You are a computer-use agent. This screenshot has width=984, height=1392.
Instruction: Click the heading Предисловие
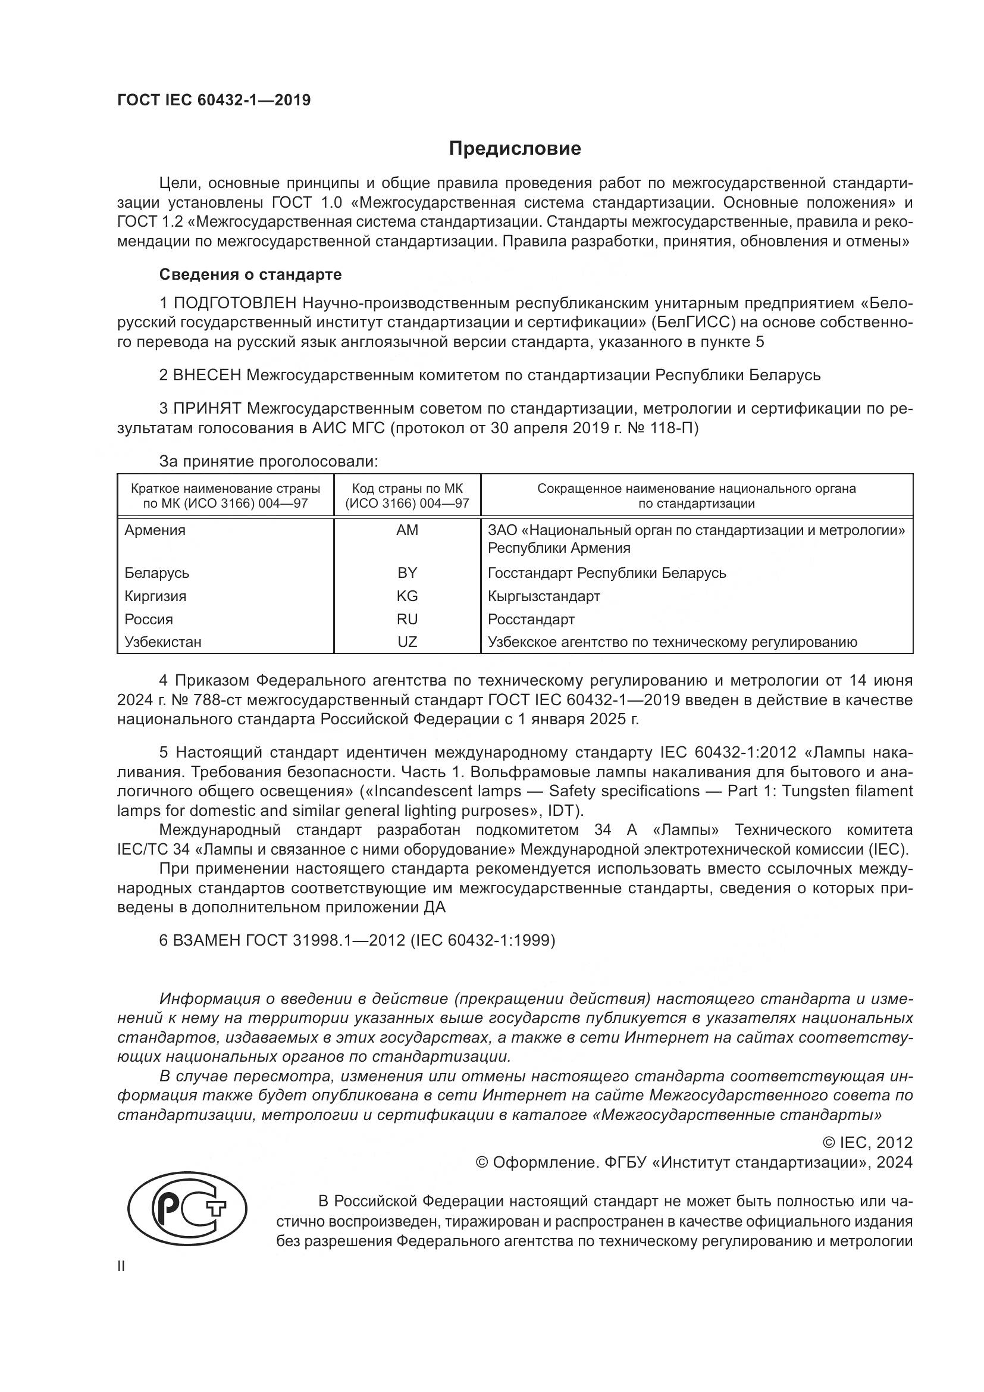pos(515,149)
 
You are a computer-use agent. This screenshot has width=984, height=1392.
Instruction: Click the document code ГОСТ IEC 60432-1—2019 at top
pos(214,100)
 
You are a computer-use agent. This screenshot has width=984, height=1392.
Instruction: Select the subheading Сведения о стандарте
pos(250,274)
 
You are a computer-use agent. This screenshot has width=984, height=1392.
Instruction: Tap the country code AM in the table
pos(407,530)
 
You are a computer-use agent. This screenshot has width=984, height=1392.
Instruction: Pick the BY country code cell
pos(407,573)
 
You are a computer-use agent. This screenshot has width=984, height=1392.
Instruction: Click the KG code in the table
pos(407,596)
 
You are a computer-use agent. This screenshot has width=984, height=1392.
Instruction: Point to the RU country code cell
pos(407,619)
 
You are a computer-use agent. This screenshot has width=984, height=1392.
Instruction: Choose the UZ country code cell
pos(407,642)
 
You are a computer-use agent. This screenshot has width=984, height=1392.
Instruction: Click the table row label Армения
pos(155,530)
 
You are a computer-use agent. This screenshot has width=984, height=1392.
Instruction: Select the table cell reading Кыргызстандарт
pos(544,596)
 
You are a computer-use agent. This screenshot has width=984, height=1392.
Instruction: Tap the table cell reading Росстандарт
pos(531,619)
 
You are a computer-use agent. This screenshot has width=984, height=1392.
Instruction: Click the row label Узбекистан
pos(163,642)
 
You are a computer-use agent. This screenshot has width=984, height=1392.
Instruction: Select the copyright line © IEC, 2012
pos(867,1143)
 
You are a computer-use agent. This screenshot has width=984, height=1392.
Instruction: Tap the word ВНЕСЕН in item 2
pos(207,376)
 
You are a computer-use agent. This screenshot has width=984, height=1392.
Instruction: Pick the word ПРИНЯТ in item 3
pos(208,409)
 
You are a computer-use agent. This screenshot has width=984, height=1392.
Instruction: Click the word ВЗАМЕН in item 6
pos(208,940)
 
